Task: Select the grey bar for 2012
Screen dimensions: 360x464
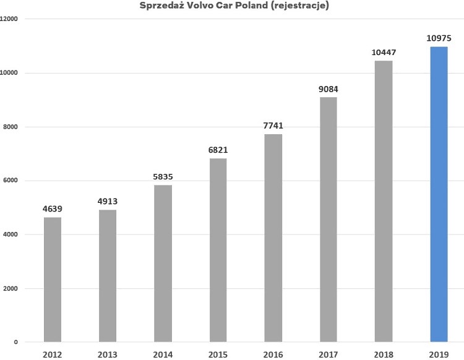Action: point(53,279)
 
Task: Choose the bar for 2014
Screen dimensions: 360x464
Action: point(163,263)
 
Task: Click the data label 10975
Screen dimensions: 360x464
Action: point(439,39)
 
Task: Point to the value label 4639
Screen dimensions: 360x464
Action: point(53,209)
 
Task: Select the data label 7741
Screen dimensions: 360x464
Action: point(273,126)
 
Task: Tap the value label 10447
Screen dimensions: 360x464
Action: point(383,53)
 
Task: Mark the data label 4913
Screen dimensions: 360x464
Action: point(108,202)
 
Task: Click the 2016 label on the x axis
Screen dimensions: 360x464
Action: point(273,354)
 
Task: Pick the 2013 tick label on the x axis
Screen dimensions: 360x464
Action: point(108,354)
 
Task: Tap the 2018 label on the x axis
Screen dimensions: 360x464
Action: point(383,354)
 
